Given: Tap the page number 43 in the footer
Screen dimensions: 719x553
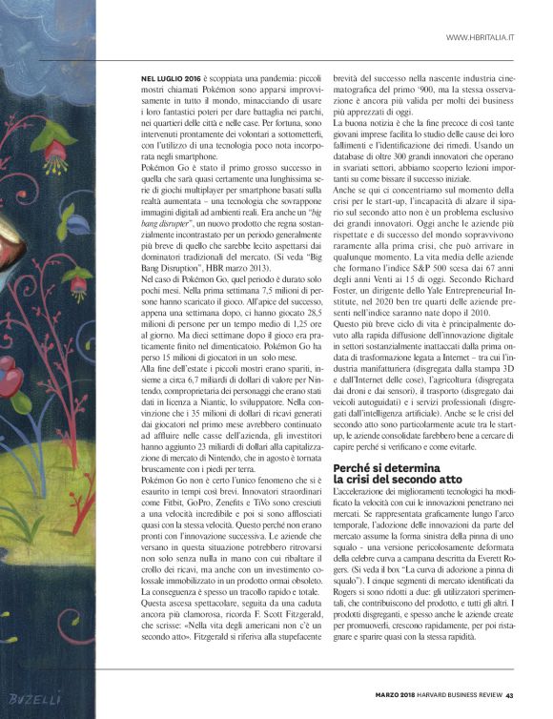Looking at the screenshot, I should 510,694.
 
